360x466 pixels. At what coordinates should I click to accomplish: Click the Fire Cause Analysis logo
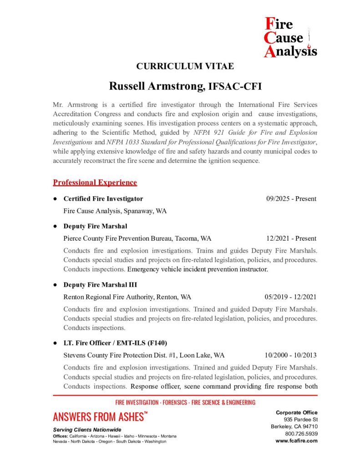[290, 37]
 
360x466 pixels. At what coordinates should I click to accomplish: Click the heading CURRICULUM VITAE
[185, 66]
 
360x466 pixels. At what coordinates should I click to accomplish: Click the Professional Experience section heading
[95, 182]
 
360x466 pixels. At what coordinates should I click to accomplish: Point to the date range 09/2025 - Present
[291, 199]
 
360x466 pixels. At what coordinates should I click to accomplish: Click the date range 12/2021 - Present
[291, 238]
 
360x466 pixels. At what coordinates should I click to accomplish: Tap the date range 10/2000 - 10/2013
[290, 355]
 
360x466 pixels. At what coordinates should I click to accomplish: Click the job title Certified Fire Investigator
[103, 199]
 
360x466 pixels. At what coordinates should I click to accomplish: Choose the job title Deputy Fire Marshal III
[100, 285]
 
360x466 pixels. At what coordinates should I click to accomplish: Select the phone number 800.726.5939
[300, 434]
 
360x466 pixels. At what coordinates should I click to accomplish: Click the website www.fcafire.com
[297, 441]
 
